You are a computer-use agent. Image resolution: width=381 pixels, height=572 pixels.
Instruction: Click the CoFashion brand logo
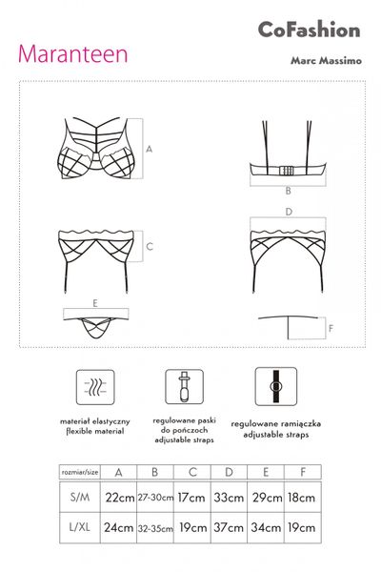[310, 30]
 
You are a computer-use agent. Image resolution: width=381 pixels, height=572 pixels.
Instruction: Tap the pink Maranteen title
[73, 54]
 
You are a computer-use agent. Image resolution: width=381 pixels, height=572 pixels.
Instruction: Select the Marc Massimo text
[326, 60]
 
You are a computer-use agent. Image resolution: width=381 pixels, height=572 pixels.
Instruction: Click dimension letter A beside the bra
[149, 149]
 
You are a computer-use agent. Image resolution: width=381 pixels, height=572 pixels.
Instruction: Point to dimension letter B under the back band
[288, 191]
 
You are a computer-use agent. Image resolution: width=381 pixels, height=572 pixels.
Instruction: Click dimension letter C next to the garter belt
[150, 247]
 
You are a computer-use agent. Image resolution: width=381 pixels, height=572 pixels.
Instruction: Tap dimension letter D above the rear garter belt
[289, 212]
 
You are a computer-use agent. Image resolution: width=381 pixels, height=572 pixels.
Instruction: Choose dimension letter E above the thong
[95, 303]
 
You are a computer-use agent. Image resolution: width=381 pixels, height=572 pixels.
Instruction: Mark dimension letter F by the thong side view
[331, 328]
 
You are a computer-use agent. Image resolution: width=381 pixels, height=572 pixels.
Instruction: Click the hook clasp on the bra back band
[286, 171]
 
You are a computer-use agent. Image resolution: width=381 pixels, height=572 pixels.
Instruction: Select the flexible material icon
[95, 387]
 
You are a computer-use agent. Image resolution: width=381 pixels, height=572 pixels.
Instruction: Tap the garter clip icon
[184, 387]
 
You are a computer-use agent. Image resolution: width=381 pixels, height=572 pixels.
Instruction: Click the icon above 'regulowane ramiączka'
[276, 386]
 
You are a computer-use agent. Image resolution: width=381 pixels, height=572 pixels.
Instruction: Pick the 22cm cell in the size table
[119, 498]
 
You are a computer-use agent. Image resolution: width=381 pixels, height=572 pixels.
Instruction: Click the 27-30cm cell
[155, 498]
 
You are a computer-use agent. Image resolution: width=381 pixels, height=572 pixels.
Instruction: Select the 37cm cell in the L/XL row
[229, 527]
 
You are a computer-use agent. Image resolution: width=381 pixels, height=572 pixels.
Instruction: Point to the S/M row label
[80, 497]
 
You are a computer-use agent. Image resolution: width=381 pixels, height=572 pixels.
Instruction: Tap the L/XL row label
[80, 527]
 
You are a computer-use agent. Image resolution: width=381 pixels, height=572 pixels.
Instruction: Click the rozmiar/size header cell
[80, 472]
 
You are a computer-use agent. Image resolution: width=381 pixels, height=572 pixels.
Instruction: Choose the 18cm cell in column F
[302, 498]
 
